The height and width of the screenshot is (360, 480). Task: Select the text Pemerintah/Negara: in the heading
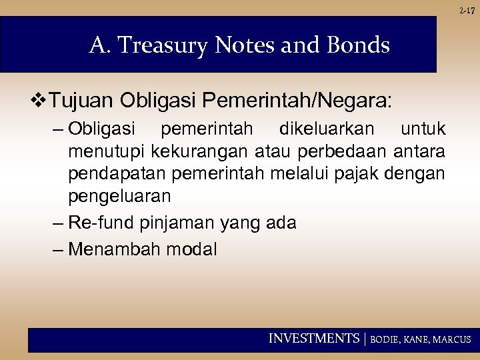(x=298, y=102)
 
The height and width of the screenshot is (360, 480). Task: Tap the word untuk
(x=423, y=127)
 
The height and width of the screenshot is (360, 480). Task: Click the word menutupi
(x=107, y=151)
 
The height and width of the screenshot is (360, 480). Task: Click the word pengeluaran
(x=119, y=197)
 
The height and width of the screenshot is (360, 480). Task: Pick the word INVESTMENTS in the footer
(x=313, y=339)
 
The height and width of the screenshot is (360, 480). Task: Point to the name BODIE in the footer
(x=385, y=339)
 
